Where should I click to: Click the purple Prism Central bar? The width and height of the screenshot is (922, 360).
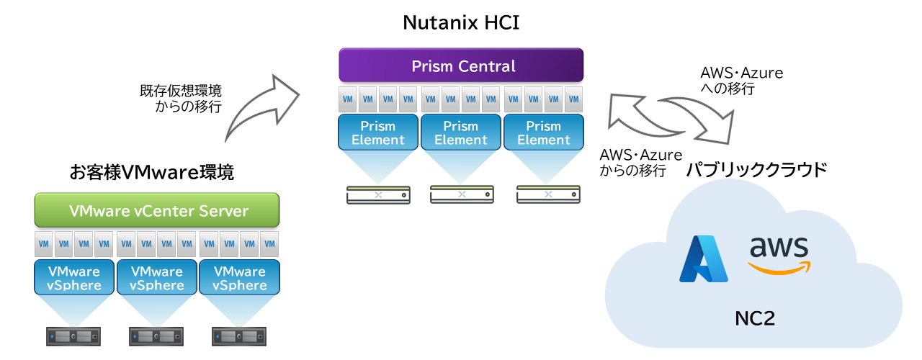(461, 66)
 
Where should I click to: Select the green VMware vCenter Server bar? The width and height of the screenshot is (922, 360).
(157, 211)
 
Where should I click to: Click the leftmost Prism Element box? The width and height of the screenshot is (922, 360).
(378, 132)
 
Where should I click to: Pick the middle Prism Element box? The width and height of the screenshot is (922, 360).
(461, 132)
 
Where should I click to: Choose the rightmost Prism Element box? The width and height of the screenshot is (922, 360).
(543, 132)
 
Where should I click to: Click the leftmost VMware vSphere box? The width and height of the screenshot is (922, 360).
(74, 277)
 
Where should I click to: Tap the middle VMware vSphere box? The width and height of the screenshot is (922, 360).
(156, 277)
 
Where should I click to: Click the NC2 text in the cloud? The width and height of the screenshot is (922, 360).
(755, 318)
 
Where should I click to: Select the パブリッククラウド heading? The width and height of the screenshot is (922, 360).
(756, 171)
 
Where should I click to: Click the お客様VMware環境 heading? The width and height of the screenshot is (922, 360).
(152, 173)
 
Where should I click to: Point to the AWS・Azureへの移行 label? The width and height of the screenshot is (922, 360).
(741, 81)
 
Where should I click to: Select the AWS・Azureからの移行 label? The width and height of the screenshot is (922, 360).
(640, 163)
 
